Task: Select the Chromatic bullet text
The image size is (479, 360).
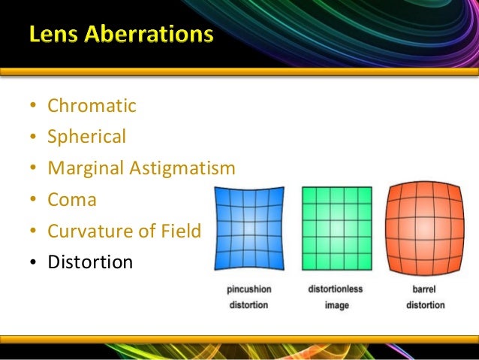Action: point(92,106)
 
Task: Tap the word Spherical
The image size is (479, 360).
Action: point(87,137)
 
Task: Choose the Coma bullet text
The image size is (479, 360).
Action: point(72,200)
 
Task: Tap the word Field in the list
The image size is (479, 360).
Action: point(181,231)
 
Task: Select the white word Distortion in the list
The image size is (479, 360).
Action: point(90,262)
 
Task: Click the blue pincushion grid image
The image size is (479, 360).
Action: point(249,228)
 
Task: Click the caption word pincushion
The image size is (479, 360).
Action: point(249,289)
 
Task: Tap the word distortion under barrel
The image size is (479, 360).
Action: point(425,306)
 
